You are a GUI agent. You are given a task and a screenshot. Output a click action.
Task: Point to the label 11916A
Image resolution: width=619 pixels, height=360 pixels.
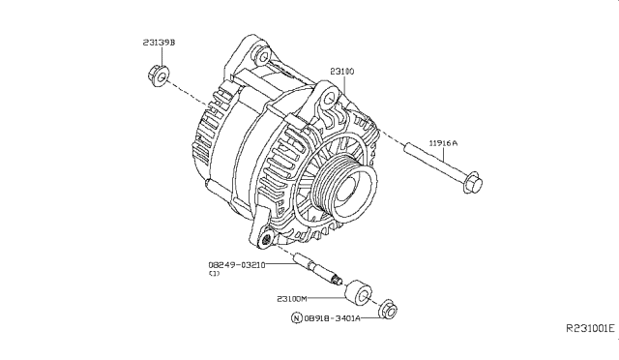click(444, 142)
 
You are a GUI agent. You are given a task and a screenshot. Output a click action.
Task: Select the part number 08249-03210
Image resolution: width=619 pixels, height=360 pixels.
click(236, 263)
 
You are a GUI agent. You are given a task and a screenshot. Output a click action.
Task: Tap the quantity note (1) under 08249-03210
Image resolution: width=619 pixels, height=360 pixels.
click(214, 274)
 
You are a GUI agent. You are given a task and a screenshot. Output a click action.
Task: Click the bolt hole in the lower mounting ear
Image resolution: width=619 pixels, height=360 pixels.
click(265, 238)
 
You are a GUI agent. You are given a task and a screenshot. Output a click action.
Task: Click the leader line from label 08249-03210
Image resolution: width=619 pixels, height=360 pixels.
click(280, 263)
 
